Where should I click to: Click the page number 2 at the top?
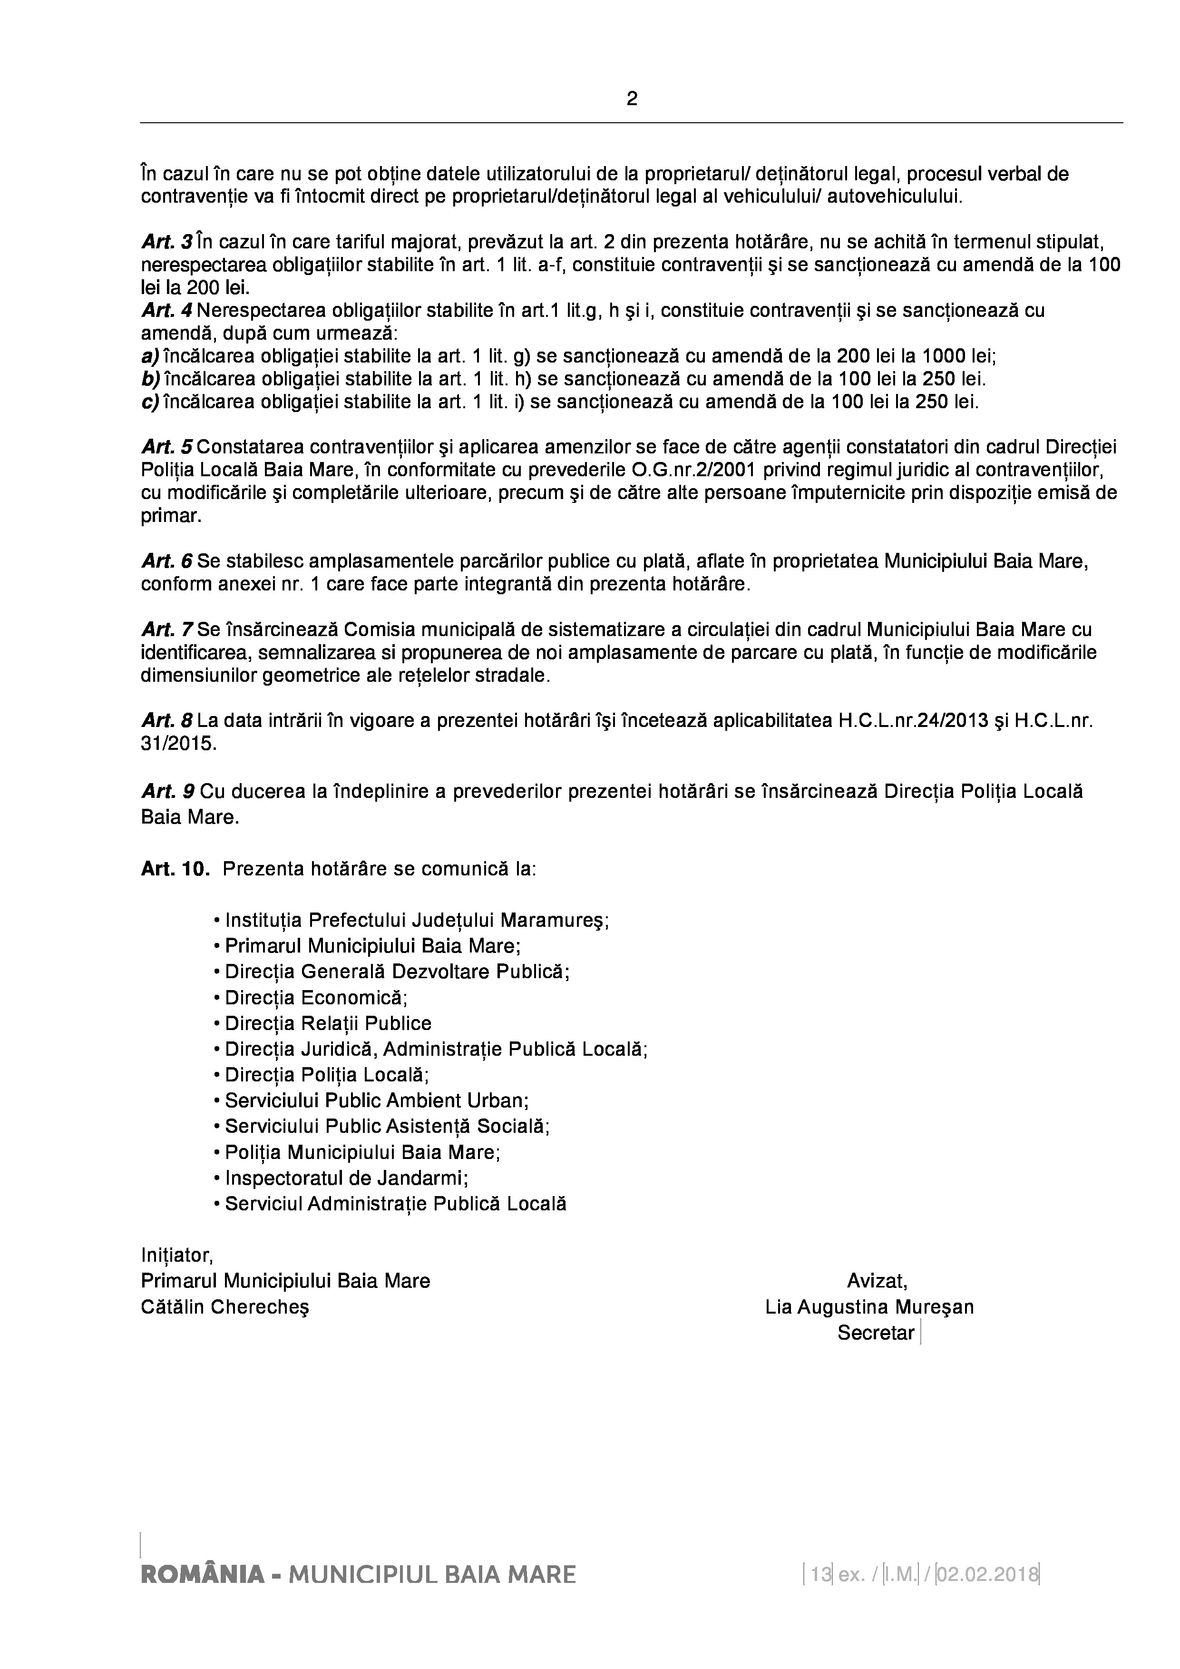tap(632, 99)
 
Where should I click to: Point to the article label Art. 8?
tap(167, 721)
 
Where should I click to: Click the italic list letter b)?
tap(150, 380)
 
